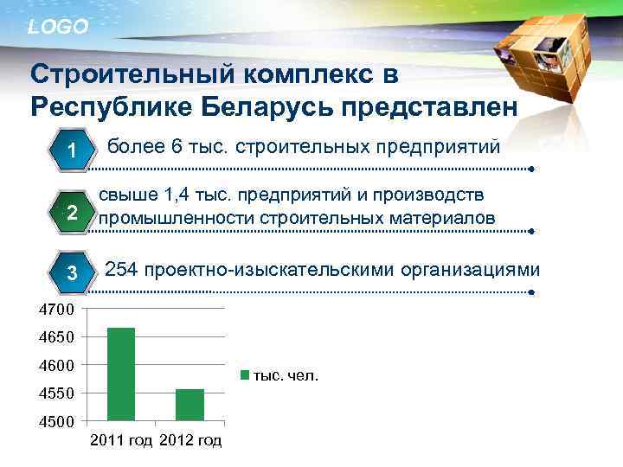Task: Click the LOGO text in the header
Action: click(x=58, y=27)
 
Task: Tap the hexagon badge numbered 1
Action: click(x=73, y=152)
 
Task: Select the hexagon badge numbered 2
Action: click(x=73, y=213)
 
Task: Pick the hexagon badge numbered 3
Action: click(x=73, y=273)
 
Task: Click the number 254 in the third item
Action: click(x=122, y=270)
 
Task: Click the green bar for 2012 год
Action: click(x=189, y=405)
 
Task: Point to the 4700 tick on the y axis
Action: click(x=59, y=309)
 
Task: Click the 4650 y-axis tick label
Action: click(x=59, y=337)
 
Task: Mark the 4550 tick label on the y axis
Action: click(x=59, y=393)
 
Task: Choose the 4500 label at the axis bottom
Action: click(x=59, y=422)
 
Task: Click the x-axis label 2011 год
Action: click(x=120, y=441)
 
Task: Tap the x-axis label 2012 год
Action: click(x=190, y=441)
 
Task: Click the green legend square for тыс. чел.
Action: click(x=245, y=375)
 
